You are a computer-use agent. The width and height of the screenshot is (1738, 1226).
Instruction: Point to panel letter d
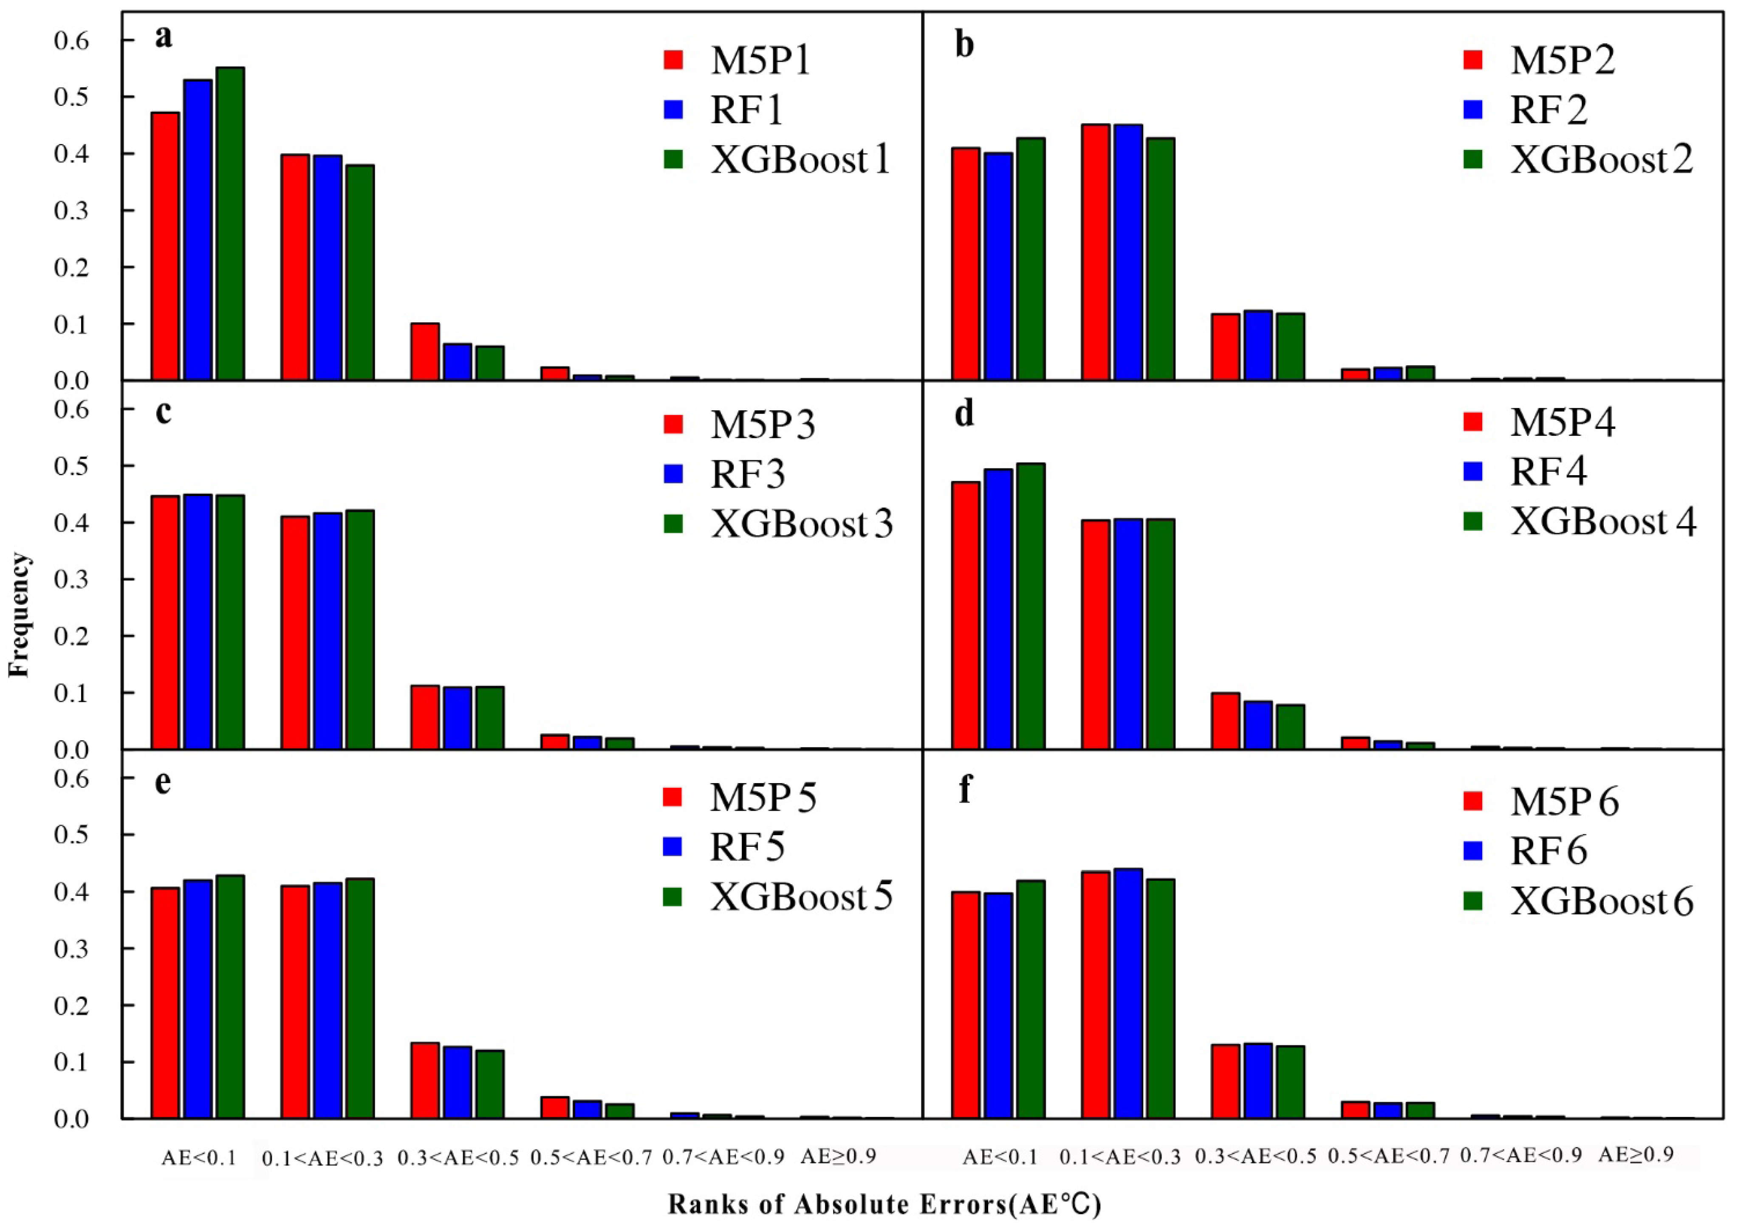[964, 414]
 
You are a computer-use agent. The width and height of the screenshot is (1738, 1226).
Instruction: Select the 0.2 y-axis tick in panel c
[72, 636]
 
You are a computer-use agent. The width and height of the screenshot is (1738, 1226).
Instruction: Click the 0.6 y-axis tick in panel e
[72, 778]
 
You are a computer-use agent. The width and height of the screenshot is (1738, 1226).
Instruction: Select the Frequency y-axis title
[20, 614]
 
